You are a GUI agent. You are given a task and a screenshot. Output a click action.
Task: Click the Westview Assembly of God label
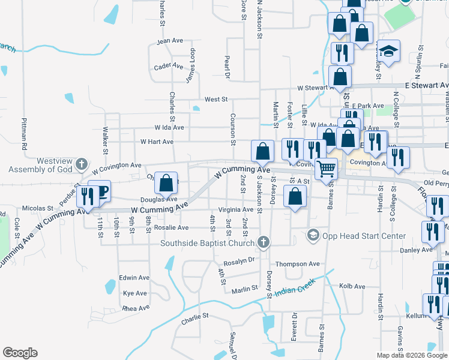45,165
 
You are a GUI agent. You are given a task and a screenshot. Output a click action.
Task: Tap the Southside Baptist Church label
208,243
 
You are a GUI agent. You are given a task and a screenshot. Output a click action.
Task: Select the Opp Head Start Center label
355,235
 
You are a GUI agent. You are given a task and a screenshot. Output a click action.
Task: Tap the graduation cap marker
389,52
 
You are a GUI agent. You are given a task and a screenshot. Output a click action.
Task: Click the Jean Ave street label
169,41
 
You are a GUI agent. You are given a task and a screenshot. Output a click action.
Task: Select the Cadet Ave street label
168,66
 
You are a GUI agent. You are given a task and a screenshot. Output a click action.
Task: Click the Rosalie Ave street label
173,228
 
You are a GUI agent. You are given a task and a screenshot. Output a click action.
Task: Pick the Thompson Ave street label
297,264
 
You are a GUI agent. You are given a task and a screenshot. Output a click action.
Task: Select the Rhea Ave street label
135,308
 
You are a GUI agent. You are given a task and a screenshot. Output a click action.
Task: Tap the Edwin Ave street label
134,278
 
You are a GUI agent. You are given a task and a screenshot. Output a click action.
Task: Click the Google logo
20,353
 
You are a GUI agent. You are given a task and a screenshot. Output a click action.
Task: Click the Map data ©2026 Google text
411,355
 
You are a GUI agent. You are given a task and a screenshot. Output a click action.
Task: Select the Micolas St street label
38,209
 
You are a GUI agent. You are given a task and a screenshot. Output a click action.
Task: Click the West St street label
216,99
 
